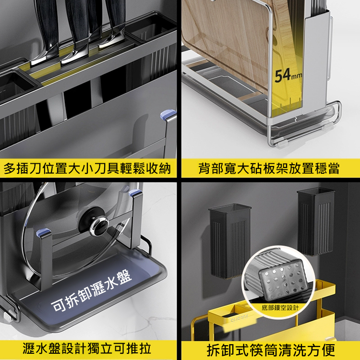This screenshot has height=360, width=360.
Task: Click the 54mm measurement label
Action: point(288,74)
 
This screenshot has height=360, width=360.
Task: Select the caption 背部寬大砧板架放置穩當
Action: point(269,169)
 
